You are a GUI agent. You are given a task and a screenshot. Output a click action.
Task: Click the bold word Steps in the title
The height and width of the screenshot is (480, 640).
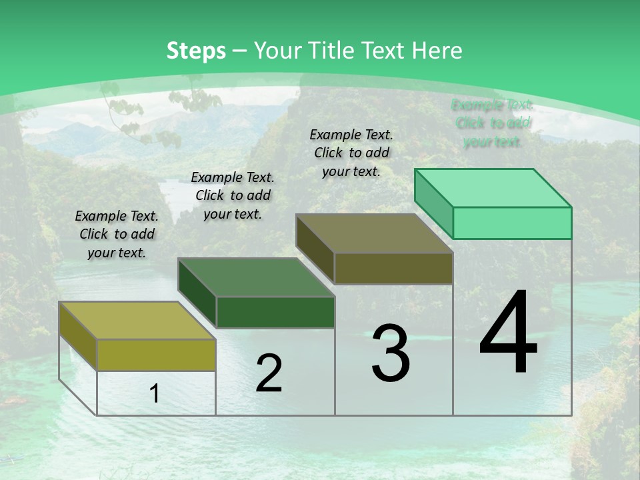click(x=196, y=51)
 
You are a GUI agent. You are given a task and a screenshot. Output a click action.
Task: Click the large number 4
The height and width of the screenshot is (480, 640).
click(x=508, y=333)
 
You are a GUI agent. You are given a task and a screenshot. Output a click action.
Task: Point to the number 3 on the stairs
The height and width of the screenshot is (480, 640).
click(x=391, y=353)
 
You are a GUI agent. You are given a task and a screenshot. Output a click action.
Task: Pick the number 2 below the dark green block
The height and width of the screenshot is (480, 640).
click(x=269, y=373)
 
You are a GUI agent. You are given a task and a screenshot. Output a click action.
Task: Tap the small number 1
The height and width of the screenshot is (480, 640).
click(x=154, y=394)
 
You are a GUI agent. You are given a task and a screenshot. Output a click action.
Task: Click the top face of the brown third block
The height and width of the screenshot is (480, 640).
click(x=374, y=233)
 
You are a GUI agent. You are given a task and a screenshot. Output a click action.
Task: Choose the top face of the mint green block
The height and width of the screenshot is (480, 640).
click(x=493, y=188)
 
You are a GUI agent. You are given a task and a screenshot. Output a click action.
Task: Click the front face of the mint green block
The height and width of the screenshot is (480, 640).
click(x=512, y=223)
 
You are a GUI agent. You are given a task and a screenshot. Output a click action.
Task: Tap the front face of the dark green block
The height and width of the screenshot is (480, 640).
click(x=275, y=312)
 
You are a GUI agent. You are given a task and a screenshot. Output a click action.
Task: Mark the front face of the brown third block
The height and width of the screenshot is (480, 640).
click(x=393, y=268)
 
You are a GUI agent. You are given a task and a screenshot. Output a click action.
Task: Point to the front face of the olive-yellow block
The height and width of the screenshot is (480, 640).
click(x=156, y=355)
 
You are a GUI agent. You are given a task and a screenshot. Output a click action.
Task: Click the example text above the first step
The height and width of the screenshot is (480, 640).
click(x=117, y=234)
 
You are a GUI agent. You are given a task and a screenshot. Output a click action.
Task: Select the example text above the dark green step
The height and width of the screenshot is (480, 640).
click(x=233, y=195)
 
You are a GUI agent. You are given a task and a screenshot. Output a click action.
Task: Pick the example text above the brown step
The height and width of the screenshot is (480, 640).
click(x=351, y=153)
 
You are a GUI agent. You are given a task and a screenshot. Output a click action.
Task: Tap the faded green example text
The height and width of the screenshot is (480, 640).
click(x=493, y=123)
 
